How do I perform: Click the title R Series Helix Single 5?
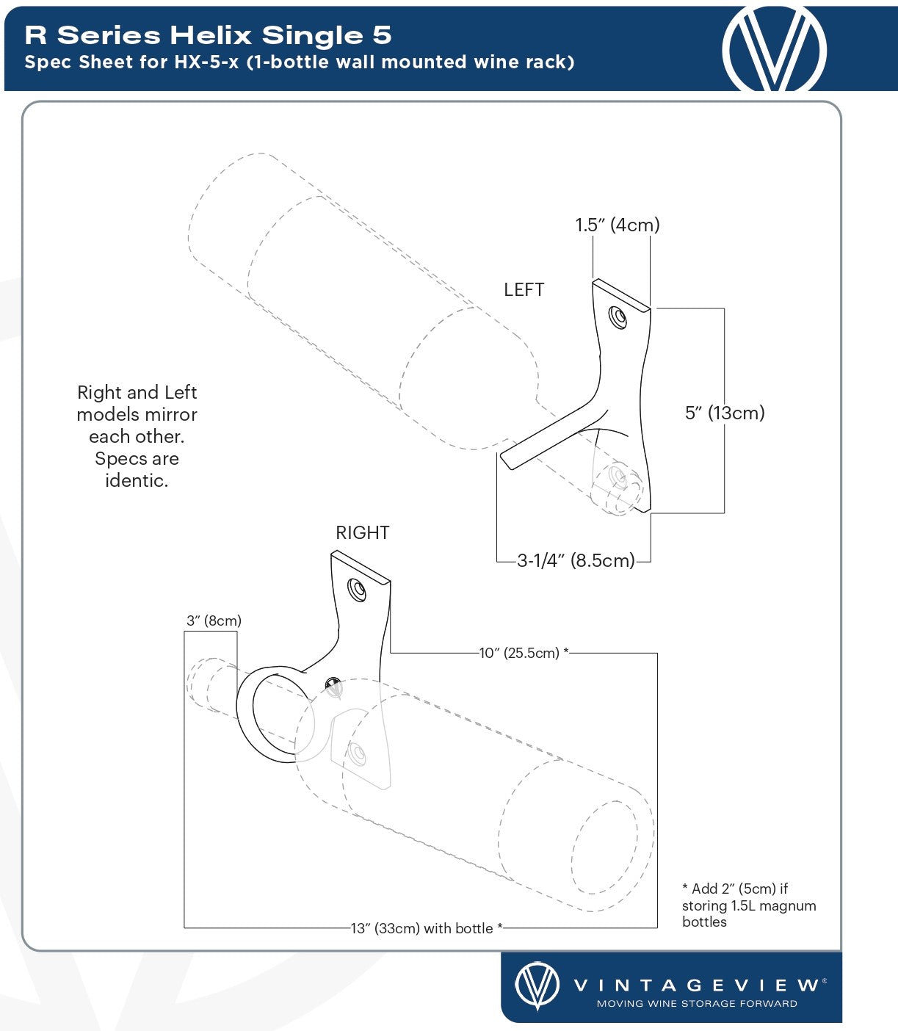point(208,35)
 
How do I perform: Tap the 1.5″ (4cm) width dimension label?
point(617,225)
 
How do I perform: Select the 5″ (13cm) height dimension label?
point(724,413)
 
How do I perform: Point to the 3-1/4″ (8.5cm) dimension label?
point(575,561)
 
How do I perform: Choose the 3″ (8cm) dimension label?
point(214,621)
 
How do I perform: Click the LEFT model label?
point(524,290)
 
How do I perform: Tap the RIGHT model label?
point(362,533)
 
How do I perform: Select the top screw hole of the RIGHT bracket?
point(358,590)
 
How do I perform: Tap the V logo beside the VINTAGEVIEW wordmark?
point(537,985)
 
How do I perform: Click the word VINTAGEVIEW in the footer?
point(696,985)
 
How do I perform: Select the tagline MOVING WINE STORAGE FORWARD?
point(696,1004)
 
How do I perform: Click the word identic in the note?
point(137,481)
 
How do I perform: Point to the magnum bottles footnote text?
point(748,905)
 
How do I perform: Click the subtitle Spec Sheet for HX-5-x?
point(299,62)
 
